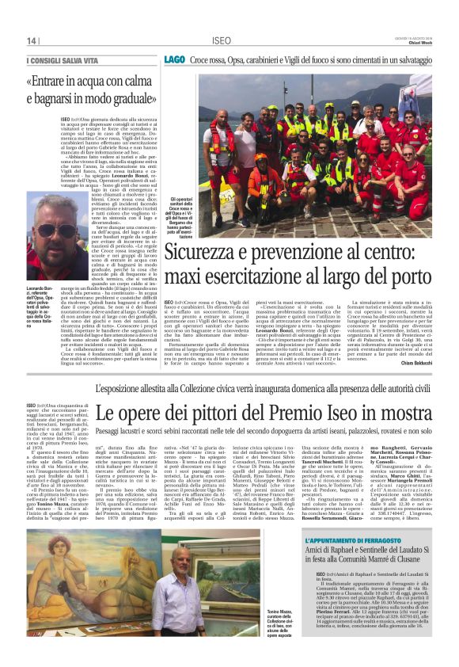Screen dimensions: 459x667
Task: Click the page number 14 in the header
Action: pos(32,40)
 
